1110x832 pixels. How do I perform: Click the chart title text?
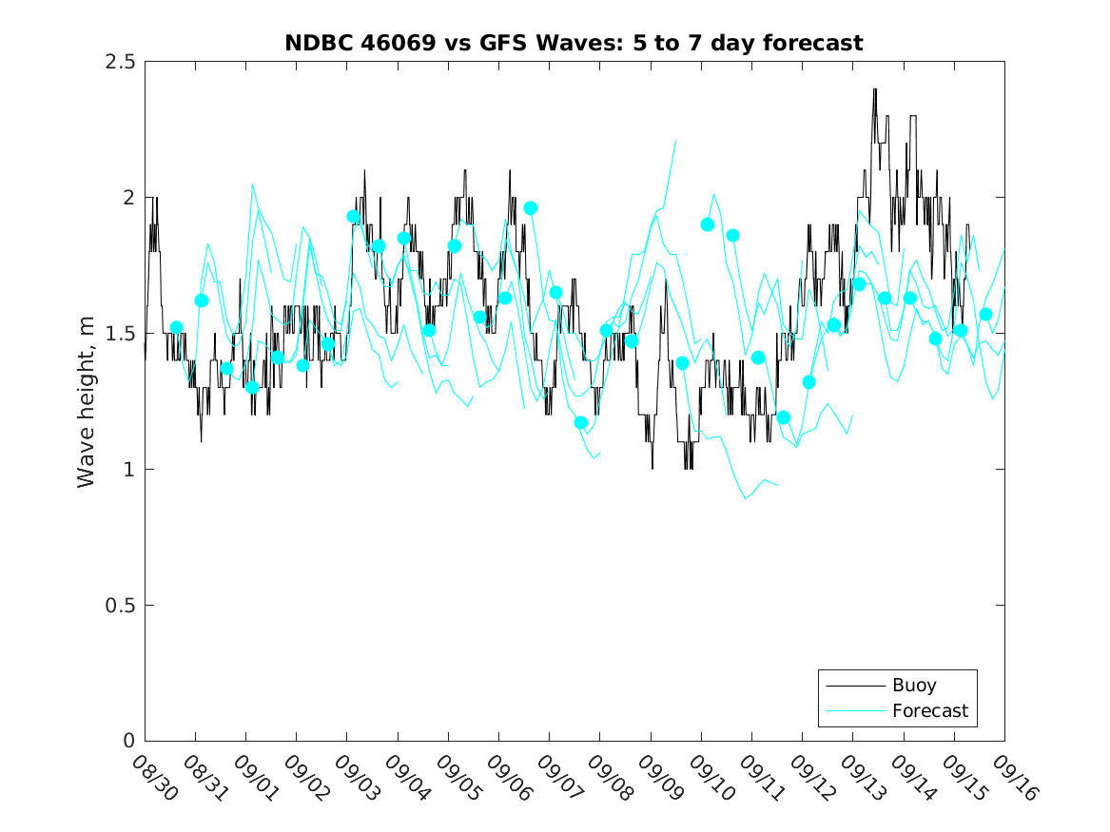pyautogui.click(x=574, y=43)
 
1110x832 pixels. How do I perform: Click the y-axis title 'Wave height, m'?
pyautogui.click(x=87, y=401)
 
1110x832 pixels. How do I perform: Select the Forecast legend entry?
pyautogui.click(x=929, y=710)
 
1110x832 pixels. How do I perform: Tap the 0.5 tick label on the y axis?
pyautogui.click(x=120, y=606)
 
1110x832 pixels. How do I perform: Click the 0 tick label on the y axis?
pyautogui.click(x=128, y=742)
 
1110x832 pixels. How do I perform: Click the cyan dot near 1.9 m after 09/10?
pyautogui.click(x=708, y=224)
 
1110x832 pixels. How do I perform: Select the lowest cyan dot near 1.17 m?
pyautogui.click(x=581, y=422)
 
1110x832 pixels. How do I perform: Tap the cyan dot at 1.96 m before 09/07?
pyautogui.click(x=531, y=207)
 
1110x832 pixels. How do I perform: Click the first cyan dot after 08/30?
pyautogui.click(x=176, y=327)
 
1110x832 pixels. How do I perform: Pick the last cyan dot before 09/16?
pyautogui.click(x=985, y=314)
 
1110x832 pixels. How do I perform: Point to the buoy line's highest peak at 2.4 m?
pyautogui.click(x=874, y=89)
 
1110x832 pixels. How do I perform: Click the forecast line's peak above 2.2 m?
pyautogui.click(x=675, y=140)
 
